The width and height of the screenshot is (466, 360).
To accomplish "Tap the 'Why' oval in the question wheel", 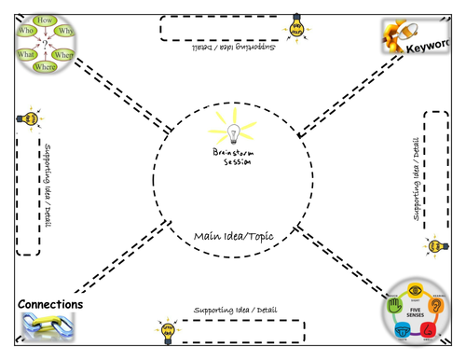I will click(64, 31).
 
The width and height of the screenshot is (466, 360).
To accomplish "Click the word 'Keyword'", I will click(437, 44).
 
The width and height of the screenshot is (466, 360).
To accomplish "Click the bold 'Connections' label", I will click(50, 305).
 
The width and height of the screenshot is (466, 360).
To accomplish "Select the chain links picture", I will click(47, 327).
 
